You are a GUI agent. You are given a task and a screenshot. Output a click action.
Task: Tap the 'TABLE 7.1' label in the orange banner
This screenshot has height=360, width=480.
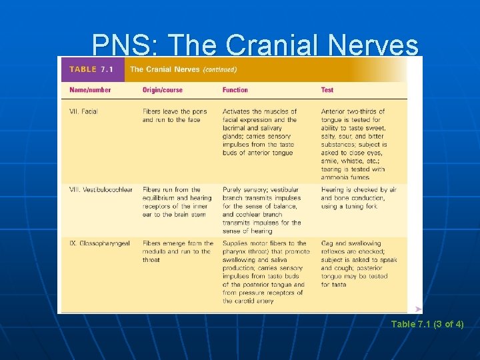(92, 69)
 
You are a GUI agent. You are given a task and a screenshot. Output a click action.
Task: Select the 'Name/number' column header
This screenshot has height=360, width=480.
(90, 90)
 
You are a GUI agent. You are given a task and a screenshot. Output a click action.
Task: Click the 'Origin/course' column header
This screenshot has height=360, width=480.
(161, 90)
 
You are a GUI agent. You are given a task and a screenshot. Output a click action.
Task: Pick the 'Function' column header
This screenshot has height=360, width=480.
(235, 90)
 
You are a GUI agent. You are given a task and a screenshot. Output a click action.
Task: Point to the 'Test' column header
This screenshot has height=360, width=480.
(327, 90)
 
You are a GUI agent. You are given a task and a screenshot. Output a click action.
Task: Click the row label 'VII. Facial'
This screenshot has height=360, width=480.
(83, 111)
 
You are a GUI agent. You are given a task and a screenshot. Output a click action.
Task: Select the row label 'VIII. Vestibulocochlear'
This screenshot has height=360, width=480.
(101, 189)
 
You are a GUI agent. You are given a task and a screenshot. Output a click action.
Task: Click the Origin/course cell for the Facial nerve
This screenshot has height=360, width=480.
(175, 115)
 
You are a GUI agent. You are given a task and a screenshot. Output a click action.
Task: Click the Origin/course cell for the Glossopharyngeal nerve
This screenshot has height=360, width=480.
(177, 251)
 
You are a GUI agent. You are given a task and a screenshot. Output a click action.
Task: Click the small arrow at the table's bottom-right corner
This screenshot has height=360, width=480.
(418, 309)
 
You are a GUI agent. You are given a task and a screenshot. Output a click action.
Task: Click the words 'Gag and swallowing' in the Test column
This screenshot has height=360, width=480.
(351, 243)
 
